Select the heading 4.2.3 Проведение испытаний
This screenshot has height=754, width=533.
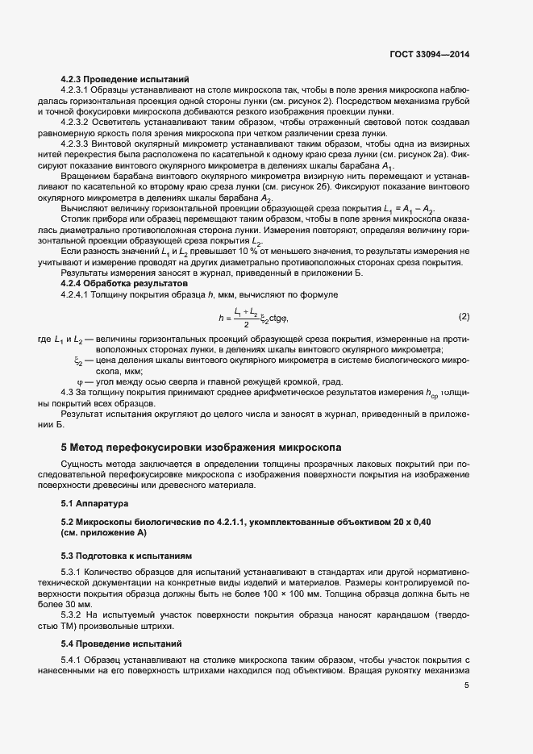point(125,79)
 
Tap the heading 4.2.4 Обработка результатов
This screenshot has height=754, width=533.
point(124,285)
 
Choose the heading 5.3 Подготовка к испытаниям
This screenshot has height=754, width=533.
point(127,556)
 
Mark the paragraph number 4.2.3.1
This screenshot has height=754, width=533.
point(77,90)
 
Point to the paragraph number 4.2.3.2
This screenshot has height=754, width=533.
point(77,122)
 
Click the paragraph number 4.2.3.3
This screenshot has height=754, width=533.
point(77,143)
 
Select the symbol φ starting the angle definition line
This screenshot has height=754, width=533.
point(79,381)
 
